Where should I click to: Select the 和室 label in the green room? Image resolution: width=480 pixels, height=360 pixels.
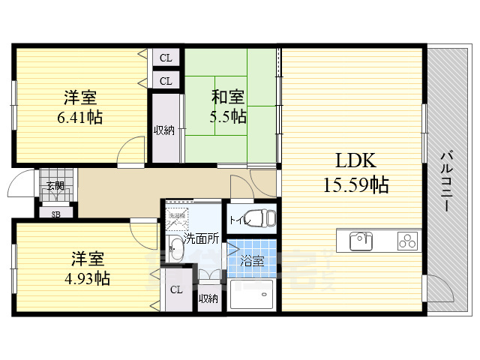(x=227, y=97)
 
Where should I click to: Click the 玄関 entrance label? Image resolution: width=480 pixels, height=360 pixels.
(x=55, y=185)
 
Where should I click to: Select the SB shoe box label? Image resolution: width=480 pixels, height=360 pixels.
(x=55, y=213)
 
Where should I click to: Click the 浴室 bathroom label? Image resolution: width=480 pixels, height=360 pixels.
(x=252, y=261)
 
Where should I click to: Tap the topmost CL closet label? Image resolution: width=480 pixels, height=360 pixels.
(x=166, y=57)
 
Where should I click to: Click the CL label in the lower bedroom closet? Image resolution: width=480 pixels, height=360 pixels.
(x=176, y=290)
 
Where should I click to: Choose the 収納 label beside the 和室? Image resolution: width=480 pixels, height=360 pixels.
(x=164, y=130)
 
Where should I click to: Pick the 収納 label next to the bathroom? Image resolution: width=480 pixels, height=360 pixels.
(x=208, y=298)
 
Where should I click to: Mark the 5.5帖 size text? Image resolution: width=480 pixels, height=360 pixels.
(x=227, y=116)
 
